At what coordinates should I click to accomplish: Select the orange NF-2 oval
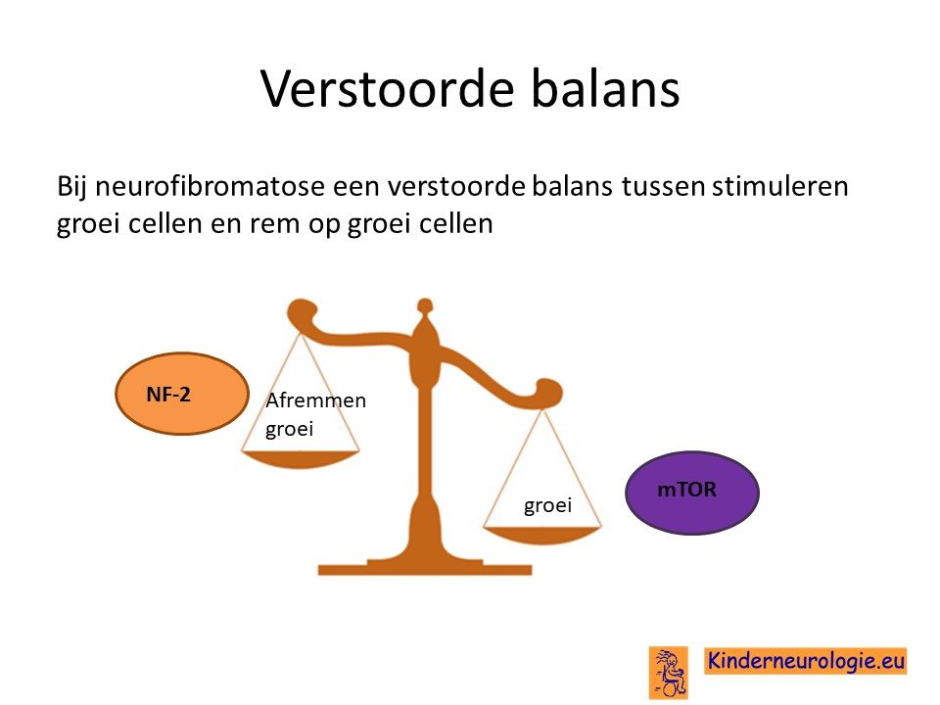coord(182,394)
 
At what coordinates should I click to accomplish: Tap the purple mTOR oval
coord(692,493)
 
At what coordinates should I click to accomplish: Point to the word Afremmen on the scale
coord(315,399)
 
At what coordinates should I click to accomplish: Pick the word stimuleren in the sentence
coord(780,186)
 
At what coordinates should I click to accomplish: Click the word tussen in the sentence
coord(663,186)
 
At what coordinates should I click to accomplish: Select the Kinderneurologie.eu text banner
coord(805,661)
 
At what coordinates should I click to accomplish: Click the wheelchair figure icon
coord(669,672)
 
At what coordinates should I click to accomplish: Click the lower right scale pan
coord(541,535)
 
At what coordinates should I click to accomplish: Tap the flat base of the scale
coord(424,567)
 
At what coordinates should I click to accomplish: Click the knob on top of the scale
coord(424,306)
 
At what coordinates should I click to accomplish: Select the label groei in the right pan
coord(548,505)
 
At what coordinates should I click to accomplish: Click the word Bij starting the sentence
coord(71,187)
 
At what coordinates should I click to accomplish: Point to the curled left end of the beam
coord(303,314)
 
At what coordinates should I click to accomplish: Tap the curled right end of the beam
coord(546,393)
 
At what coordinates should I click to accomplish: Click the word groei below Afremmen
coord(289,429)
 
